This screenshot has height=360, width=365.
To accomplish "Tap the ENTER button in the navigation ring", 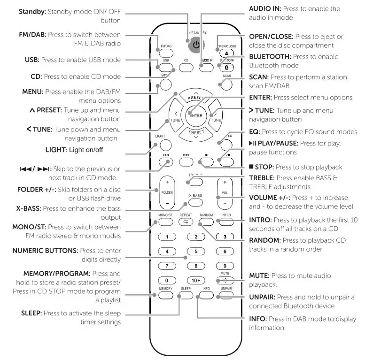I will [x=196, y=115].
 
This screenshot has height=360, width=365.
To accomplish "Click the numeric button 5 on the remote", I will [x=196, y=251].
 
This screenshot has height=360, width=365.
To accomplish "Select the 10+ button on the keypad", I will [x=196, y=280].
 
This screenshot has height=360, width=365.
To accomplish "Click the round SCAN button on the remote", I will [x=226, y=84].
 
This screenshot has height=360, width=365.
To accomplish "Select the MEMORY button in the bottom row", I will [x=166, y=295].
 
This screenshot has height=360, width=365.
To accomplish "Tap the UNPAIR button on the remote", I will [x=226, y=295].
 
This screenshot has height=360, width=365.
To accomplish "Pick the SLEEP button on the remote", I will [x=186, y=295].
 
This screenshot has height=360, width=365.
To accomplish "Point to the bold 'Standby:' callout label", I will [x=32, y=11].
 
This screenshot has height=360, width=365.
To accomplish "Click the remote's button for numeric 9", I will [x=226, y=266].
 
